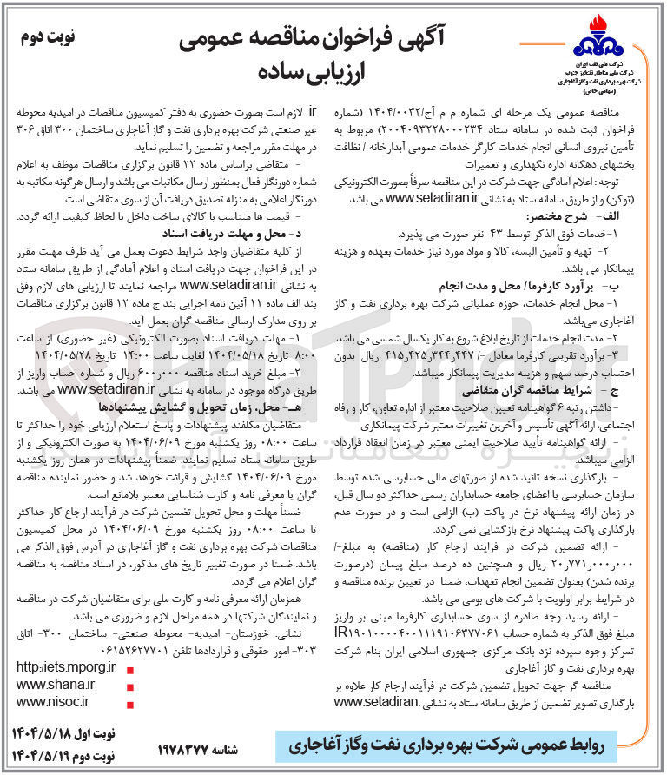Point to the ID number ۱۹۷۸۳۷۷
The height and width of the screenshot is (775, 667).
(188, 747)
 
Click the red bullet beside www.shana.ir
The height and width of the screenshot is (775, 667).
(130, 686)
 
